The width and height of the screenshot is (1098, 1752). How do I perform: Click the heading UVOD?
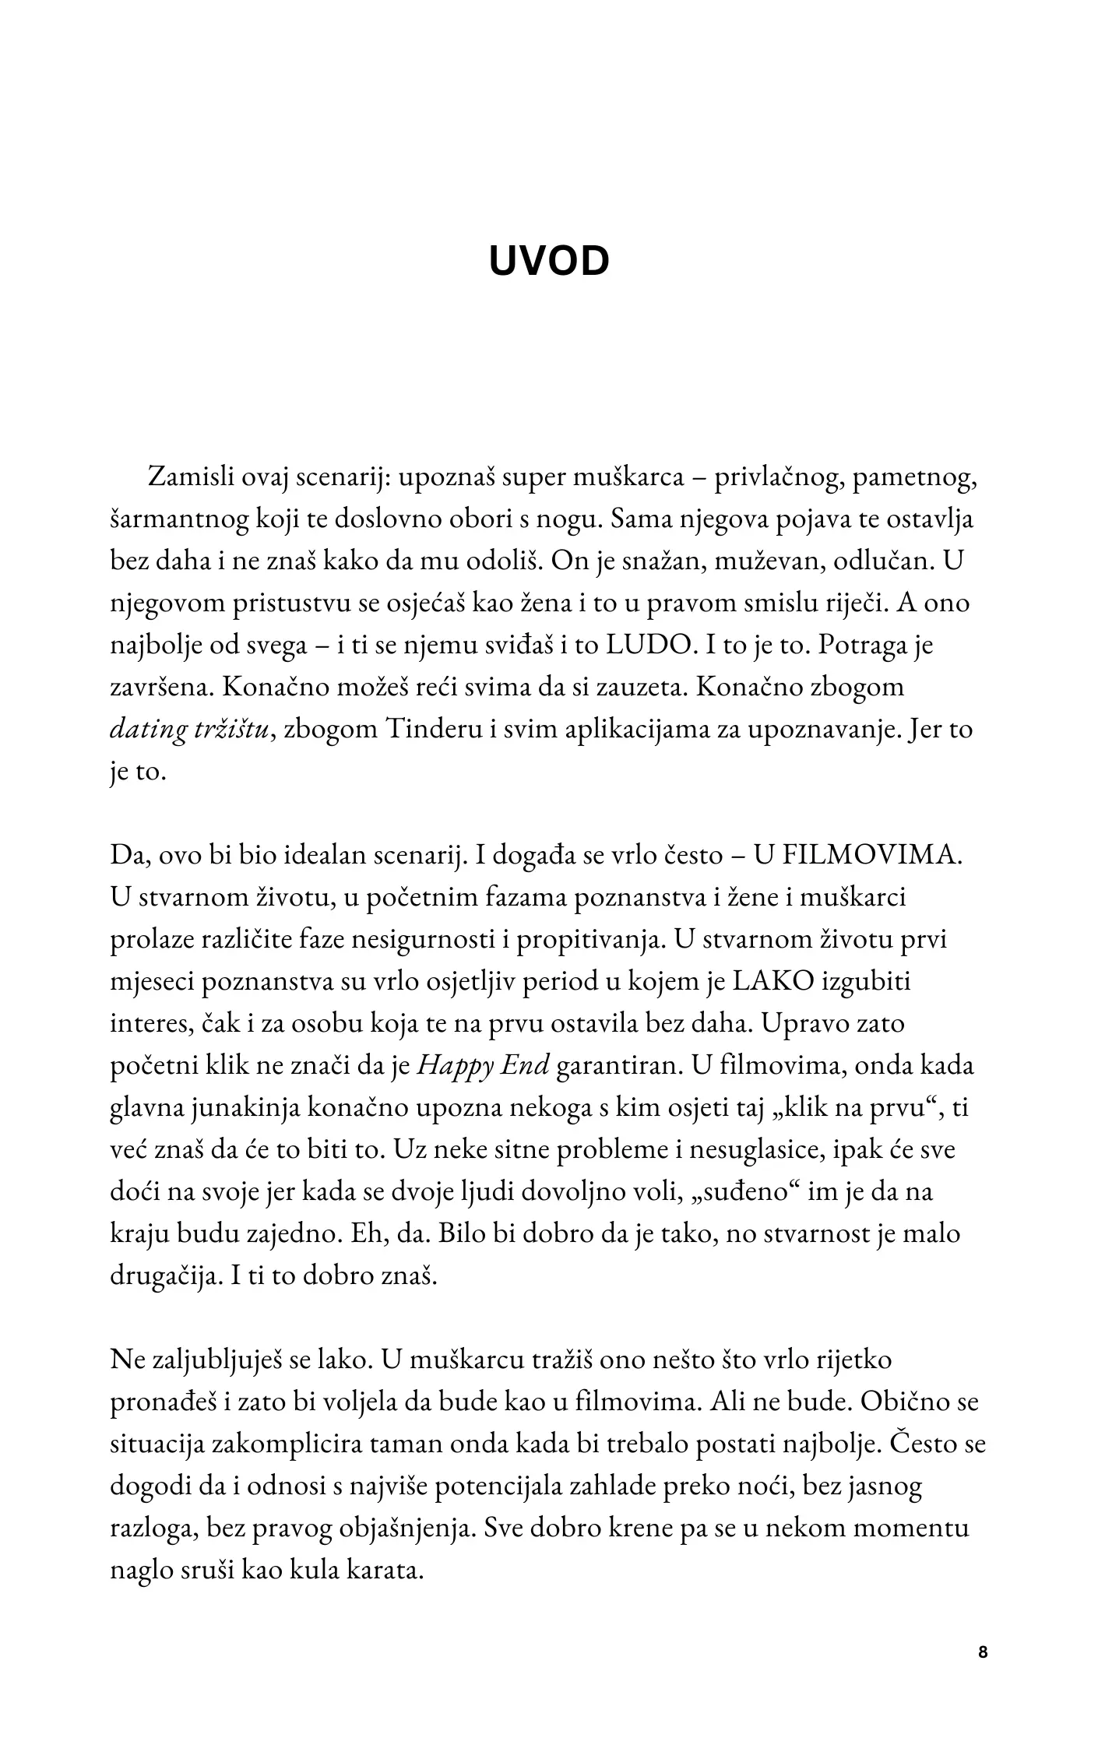pyautogui.click(x=548, y=262)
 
